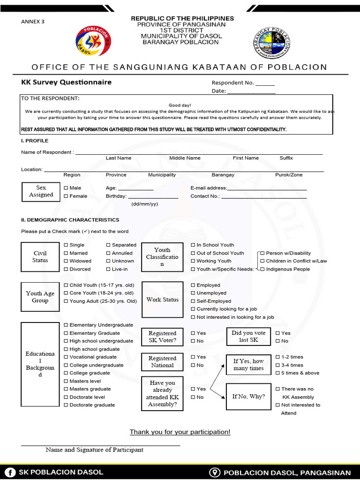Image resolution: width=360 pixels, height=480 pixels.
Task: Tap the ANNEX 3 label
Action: click(33, 22)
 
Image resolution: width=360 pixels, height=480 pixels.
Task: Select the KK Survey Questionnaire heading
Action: click(66, 82)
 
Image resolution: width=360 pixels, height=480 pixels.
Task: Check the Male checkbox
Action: click(66, 188)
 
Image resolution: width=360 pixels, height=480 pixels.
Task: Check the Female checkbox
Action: click(66, 196)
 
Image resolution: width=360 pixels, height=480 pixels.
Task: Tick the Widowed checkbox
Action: click(66, 261)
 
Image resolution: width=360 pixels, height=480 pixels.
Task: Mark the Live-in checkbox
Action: click(108, 269)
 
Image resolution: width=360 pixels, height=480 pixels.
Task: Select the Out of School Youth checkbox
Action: click(193, 253)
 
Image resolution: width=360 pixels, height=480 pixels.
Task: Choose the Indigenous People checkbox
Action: click(262, 269)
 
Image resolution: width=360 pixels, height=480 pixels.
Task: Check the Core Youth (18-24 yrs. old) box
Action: click(66, 293)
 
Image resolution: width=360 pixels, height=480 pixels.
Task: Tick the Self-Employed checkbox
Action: click(193, 301)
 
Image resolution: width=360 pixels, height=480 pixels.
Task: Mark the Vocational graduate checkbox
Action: click(66, 357)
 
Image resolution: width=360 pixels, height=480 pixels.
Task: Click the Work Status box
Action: click(162, 300)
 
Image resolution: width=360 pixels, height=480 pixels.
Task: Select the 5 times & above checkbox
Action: click(278, 373)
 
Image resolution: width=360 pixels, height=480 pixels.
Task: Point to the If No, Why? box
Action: click(248, 397)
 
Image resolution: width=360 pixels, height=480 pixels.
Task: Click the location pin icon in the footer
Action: click(216, 472)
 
